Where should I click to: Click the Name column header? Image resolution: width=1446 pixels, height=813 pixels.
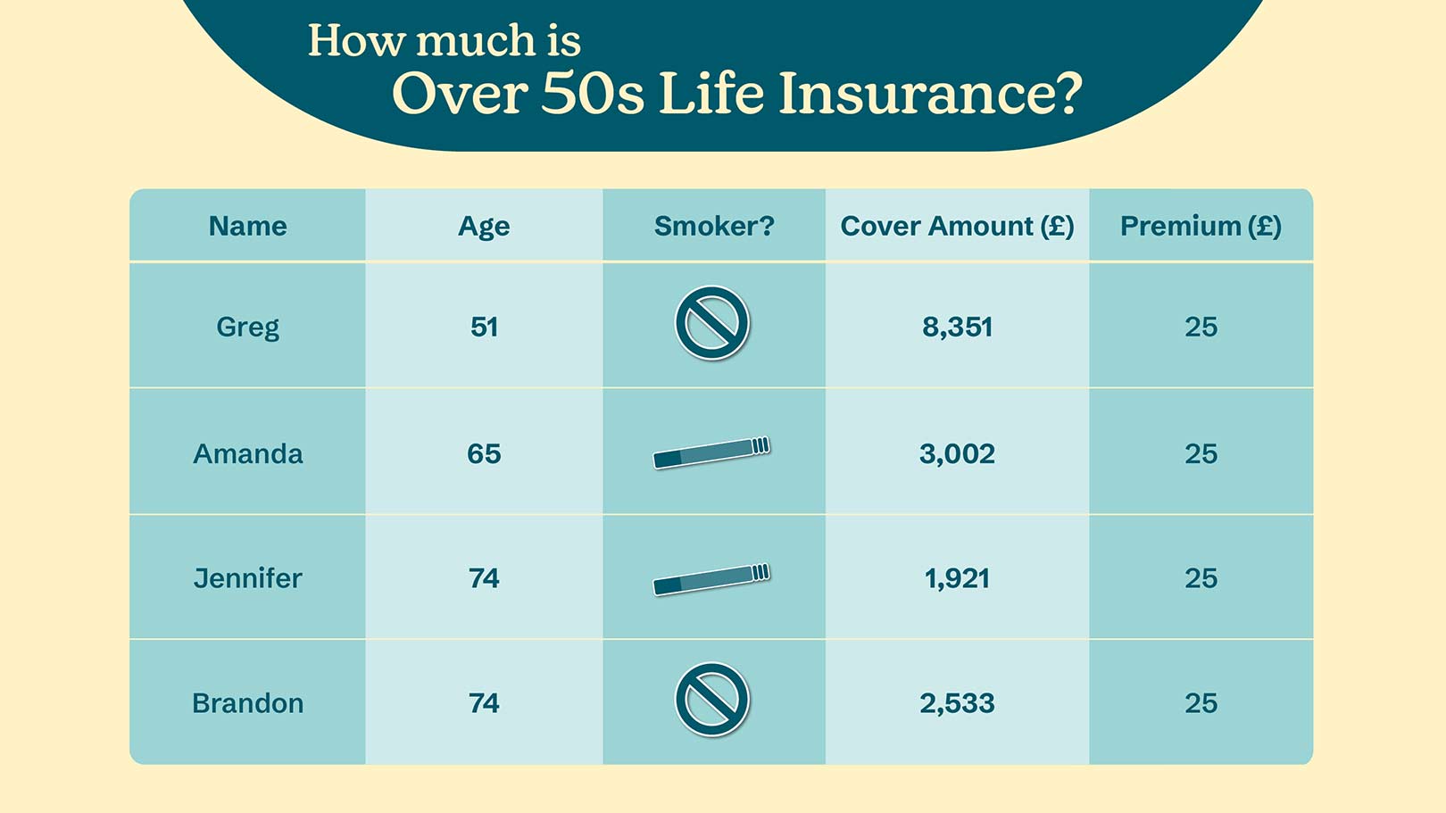pyautogui.click(x=248, y=226)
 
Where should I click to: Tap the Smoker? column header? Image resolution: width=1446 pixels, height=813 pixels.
pyautogui.click(x=714, y=226)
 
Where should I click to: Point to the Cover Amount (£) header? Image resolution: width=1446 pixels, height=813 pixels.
pyautogui.click(x=957, y=227)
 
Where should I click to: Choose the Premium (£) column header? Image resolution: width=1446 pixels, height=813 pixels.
pyautogui.click(x=1201, y=227)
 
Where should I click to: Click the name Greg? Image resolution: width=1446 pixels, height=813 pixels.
pyautogui.click(x=248, y=328)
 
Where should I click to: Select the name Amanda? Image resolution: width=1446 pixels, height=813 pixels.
pyautogui.click(x=248, y=453)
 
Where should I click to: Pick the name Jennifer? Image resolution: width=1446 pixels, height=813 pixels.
pyautogui.click(x=248, y=578)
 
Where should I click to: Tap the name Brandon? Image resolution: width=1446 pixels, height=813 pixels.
pyautogui.click(x=248, y=702)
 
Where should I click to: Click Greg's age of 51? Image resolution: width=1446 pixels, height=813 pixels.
pyautogui.click(x=484, y=327)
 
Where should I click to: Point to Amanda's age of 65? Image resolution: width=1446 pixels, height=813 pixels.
pyautogui.click(x=484, y=453)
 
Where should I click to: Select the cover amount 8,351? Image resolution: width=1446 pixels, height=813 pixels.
pyautogui.click(x=957, y=328)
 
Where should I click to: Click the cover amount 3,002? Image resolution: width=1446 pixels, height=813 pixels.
pyautogui.click(x=957, y=454)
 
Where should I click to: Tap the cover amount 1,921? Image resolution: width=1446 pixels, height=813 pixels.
pyautogui.click(x=957, y=579)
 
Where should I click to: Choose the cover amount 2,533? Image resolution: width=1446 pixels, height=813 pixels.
pyautogui.click(x=957, y=703)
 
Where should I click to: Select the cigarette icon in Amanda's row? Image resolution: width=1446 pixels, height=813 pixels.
pyautogui.click(x=711, y=452)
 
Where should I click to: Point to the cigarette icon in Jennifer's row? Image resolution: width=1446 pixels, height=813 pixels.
pyautogui.click(x=711, y=579)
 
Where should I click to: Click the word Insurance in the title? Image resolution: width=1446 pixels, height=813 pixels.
pyautogui.click(x=930, y=95)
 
